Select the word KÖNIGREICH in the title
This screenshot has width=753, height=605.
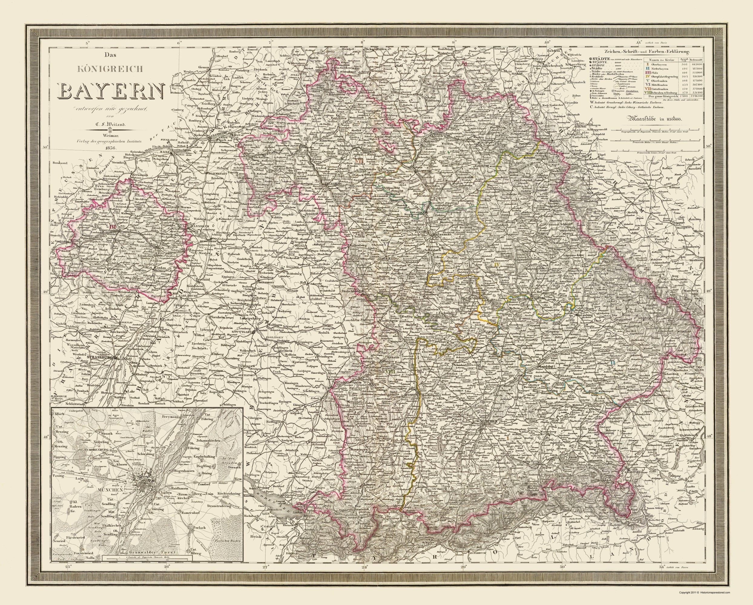tap(113, 69)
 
